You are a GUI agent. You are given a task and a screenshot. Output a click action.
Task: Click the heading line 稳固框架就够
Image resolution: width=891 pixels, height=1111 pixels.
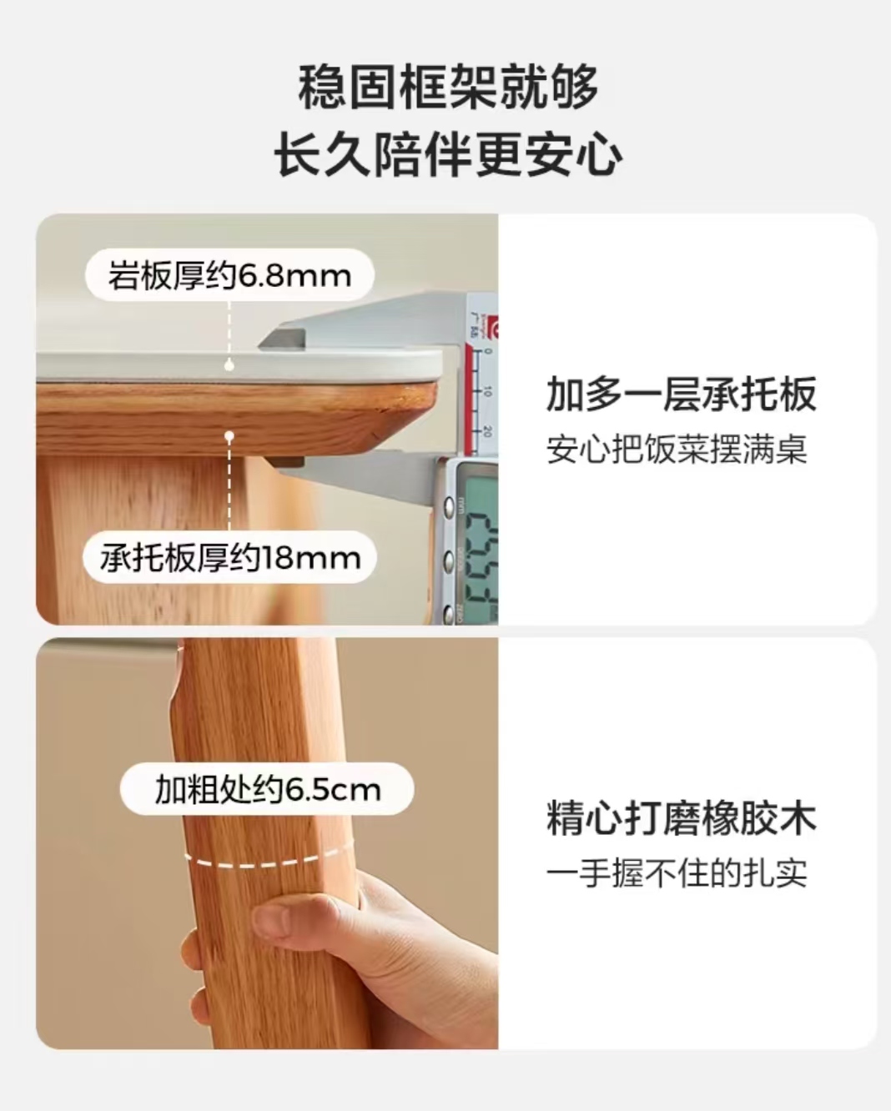point(448,88)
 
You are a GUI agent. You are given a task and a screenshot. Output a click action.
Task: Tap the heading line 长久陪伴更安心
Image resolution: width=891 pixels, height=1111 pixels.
point(448,155)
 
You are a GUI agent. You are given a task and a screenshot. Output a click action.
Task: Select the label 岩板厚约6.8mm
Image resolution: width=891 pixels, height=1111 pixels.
point(229,275)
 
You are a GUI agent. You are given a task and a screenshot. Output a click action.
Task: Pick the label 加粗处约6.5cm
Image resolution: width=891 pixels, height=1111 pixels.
point(267,789)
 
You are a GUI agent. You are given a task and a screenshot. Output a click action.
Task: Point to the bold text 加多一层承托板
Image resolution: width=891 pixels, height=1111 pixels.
point(681,395)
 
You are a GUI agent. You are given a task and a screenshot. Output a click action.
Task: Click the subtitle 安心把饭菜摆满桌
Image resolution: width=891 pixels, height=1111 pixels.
point(677,450)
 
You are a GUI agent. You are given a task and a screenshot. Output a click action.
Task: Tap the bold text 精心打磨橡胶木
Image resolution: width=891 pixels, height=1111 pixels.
point(681,818)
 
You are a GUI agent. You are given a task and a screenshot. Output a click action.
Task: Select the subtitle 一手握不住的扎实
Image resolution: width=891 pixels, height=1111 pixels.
point(677,873)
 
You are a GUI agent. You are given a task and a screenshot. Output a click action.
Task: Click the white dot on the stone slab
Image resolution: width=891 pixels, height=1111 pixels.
point(229,364)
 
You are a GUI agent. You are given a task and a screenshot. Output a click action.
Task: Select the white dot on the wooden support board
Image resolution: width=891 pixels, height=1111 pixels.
point(229,435)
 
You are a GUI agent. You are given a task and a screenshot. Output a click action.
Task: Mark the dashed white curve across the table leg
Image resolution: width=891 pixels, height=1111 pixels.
point(267,859)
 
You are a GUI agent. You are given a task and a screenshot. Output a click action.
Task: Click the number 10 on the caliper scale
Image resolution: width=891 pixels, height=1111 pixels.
point(487,391)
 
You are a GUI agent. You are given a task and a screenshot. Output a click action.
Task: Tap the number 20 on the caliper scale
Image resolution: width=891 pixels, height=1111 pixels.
point(487,431)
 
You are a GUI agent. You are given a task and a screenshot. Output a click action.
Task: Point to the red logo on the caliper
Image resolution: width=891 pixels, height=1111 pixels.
point(492,329)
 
